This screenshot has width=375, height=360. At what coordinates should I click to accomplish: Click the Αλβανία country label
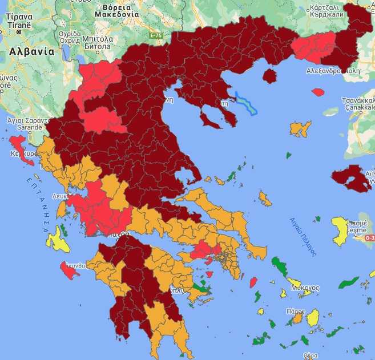pos(31,51)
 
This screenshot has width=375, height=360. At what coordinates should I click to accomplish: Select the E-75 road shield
pos(156,35)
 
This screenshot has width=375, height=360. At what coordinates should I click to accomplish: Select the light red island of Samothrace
pos(318,91)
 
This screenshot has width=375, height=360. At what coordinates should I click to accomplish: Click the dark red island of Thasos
pos(269,76)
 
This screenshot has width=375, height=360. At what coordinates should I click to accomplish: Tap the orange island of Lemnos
pos(300,128)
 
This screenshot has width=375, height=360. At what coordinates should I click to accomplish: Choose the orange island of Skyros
pos(264,199)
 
